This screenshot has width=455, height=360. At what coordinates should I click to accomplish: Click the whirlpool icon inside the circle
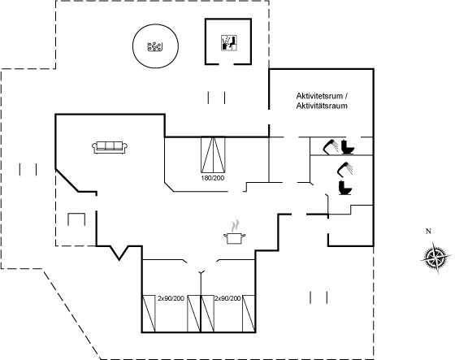[x=155, y=46]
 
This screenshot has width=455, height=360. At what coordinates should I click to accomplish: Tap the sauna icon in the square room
[x=229, y=43]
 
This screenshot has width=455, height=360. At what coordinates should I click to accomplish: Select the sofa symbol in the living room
[x=110, y=147]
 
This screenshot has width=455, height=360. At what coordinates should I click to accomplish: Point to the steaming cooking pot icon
[x=235, y=232]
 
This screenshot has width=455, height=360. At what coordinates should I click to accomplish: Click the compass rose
[x=435, y=257]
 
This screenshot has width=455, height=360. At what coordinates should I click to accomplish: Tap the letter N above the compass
[x=428, y=232]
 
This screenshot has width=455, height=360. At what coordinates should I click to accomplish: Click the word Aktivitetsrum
[x=319, y=96]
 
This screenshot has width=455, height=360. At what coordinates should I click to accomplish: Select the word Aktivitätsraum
[x=322, y=106]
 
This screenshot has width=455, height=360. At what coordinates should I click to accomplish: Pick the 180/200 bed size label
[x=213, y=178]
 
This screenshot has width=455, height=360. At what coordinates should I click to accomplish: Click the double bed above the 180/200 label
[x=213, y=154]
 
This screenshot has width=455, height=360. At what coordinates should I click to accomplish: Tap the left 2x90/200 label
[x=171, y=298]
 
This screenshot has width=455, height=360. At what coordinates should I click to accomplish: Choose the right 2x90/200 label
[x=227, y=298]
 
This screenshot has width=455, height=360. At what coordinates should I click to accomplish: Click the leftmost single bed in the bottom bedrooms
[x=149, y=314]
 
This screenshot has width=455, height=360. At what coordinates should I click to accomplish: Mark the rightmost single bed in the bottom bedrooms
[x=249, y=314]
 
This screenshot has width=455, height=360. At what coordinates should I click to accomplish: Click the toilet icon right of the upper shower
[x=348, y=147]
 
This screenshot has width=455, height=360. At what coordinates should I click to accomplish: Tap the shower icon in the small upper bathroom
[x=331, y=147]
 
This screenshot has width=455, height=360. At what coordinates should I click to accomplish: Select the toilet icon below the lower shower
[x=345, y=188]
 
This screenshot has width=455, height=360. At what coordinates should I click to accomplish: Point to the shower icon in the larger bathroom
[x=345, y=169]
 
